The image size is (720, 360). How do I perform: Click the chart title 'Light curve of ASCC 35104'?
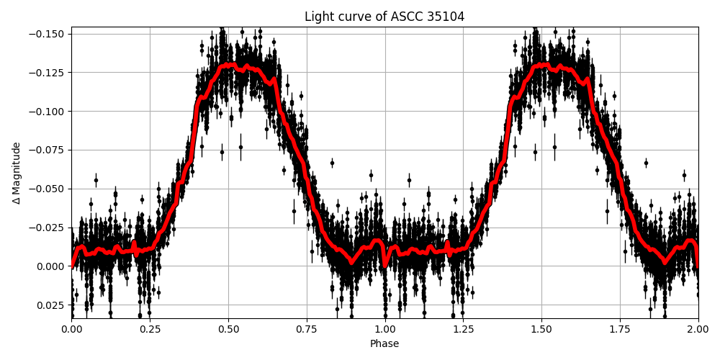(384, 17)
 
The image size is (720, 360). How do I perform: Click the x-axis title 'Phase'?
(384, 343)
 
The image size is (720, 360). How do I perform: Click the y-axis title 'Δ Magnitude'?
(17, 173)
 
